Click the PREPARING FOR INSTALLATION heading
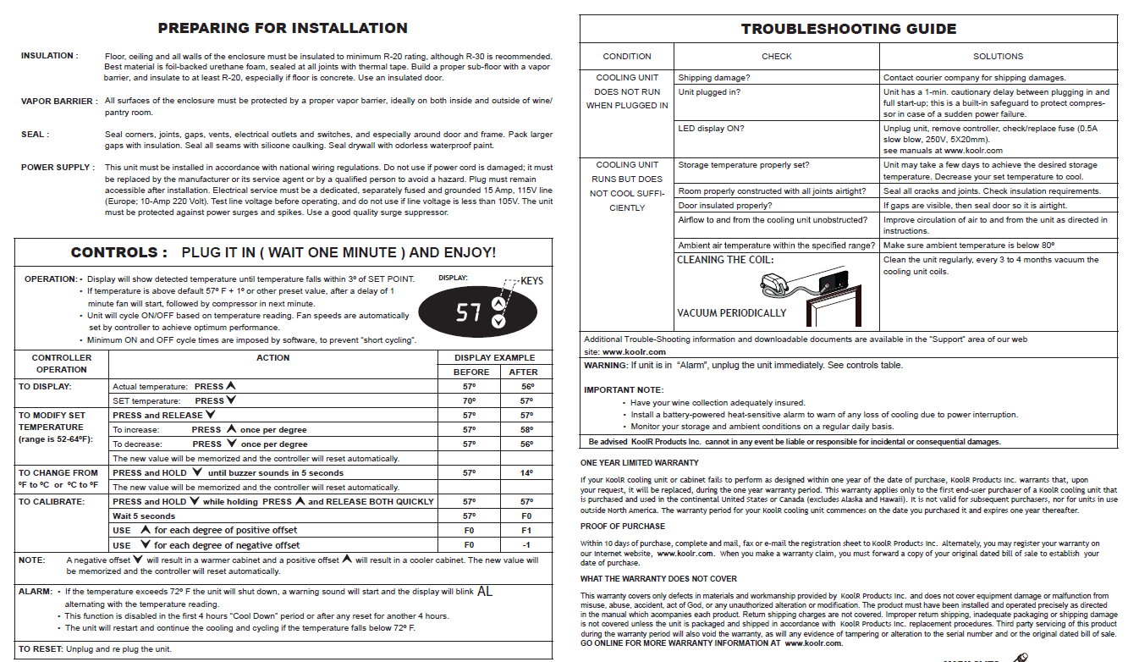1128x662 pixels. pos(283,28)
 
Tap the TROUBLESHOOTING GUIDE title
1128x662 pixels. pos(849,29)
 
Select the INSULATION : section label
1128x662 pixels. pos(49,56)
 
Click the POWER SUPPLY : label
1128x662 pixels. pos(58,168)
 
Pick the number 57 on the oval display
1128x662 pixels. pos(469,312)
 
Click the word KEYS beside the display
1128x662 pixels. pos(532,280)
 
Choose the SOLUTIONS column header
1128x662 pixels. pos(998,57)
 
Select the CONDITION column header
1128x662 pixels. pos(627,57)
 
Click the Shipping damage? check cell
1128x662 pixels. pos(714,78)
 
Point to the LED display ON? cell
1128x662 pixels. pos(711,129)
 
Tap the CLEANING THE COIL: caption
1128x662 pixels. pos(725,260)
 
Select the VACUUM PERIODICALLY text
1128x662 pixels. pos(731,313)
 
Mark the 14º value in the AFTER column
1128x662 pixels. pos(526,473)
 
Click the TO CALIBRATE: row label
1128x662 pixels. pos(52,501)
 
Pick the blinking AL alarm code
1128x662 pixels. pos(485,592)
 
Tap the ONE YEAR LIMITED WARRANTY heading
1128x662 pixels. pos(640,463)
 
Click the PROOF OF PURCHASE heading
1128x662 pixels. pos(623,527)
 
